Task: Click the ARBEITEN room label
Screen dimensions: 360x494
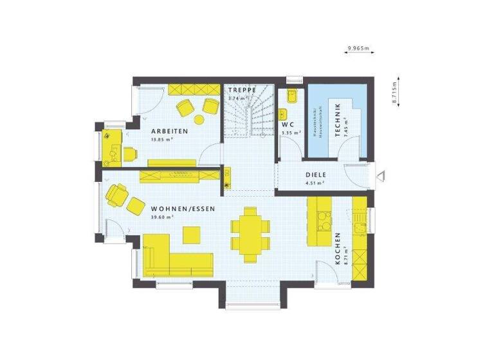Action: tap(169, 131)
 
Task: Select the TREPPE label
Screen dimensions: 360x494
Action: tap(242, 90)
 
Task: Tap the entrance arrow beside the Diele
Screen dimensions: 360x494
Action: tap(381, 174)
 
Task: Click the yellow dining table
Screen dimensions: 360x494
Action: tap(250, 231)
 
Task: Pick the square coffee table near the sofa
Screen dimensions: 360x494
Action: tap(192, 236)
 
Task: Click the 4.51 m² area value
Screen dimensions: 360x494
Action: tap(314, 183)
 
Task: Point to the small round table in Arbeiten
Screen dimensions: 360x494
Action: tap(199, 119)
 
